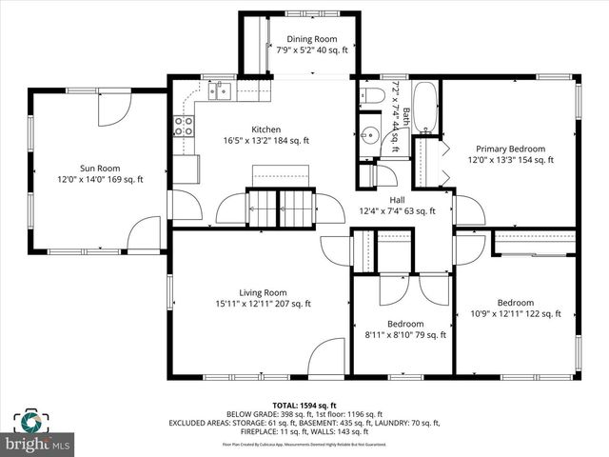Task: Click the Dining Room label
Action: click(x=312, y=40)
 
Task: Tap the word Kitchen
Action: click(x=265, y=129)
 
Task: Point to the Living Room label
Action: click(x=263, y=292)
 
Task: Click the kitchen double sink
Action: click(x=221, y=91)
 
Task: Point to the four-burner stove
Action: click(x=183, y=124)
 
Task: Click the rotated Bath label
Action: click(x=405, y=118)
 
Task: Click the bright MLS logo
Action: click(x=38, y=444)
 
